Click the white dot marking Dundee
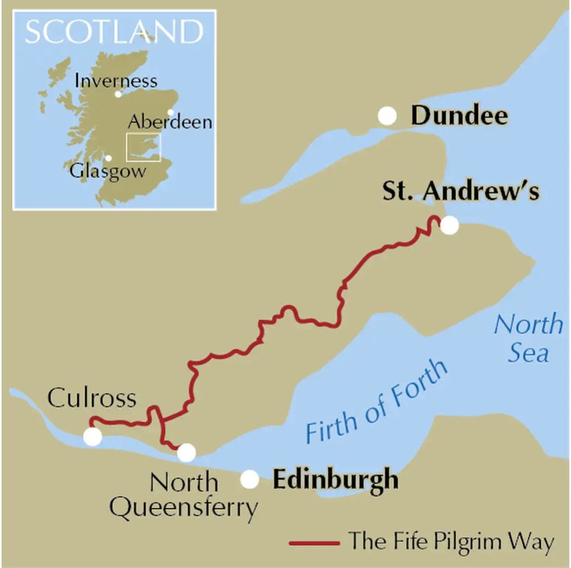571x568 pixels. (387, 116)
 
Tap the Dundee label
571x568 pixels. (459, 116)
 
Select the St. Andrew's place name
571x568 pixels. (461, 191)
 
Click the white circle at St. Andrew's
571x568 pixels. (449, 225)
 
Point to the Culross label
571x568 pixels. (91, 398)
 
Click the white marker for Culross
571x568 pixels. (92, 436)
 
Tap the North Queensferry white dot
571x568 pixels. (186, 452)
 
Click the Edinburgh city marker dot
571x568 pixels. (250, 479)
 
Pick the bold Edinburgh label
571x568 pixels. (335, 479)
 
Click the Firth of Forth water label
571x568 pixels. (377, 400)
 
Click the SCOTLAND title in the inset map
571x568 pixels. (114, 32)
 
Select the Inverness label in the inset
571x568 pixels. (116, 81)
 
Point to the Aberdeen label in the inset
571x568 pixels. (170, 122)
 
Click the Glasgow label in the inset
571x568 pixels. (108, 172)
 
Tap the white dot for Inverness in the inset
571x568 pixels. (118, 94)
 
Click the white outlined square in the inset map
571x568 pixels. (143, 147)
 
